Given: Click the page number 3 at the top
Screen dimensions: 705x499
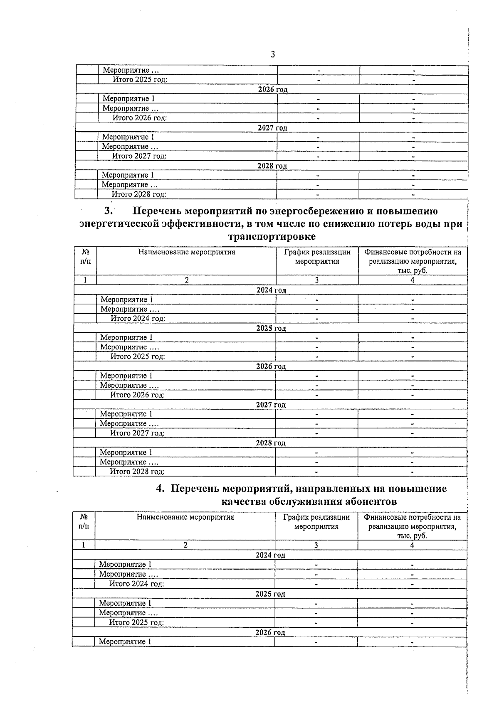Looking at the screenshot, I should click(273, 54).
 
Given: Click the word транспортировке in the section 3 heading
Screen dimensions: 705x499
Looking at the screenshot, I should click(272, 237).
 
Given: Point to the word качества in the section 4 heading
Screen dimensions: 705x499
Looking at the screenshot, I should click(243, 501).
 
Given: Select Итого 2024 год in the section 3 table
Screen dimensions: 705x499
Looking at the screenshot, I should click(138, 319).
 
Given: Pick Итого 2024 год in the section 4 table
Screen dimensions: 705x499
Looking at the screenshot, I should click(136, 584).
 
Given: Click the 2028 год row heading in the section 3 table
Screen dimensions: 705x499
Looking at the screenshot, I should click(271, 443).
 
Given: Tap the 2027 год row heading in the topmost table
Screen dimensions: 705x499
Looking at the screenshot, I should click(272, 128).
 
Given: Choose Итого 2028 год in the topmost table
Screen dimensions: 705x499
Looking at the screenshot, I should click(139, 194).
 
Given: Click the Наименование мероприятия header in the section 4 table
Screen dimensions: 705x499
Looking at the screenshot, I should click(185, 517).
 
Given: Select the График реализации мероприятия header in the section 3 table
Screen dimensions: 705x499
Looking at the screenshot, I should click(317, 257).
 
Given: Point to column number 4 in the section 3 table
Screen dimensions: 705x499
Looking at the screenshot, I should click(413, 280).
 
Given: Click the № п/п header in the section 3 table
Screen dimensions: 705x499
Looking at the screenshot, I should click(85, 257).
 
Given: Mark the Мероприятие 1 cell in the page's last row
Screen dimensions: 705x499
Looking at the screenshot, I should click(125, 642).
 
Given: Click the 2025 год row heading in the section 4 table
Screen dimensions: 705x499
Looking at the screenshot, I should click(270, 594).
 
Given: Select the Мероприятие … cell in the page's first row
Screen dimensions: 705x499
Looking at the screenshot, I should click(131, 71).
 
